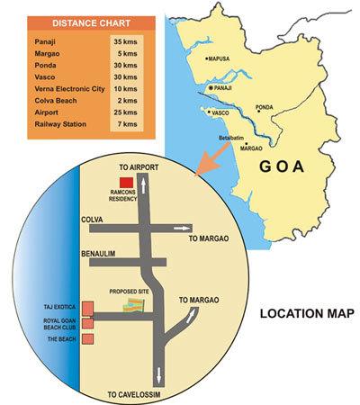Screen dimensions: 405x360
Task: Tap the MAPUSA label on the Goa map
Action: point(223,58)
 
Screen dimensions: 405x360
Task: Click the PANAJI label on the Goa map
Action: point(229,90)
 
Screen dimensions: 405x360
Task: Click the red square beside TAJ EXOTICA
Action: point(87,307)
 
